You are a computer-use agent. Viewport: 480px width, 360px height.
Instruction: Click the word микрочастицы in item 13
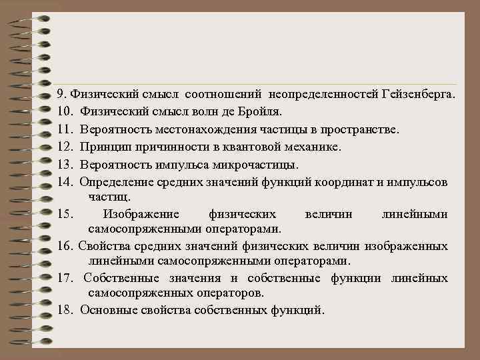260,163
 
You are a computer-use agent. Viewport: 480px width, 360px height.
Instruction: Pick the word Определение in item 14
117,181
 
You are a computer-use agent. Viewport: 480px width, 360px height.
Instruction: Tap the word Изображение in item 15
141,214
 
